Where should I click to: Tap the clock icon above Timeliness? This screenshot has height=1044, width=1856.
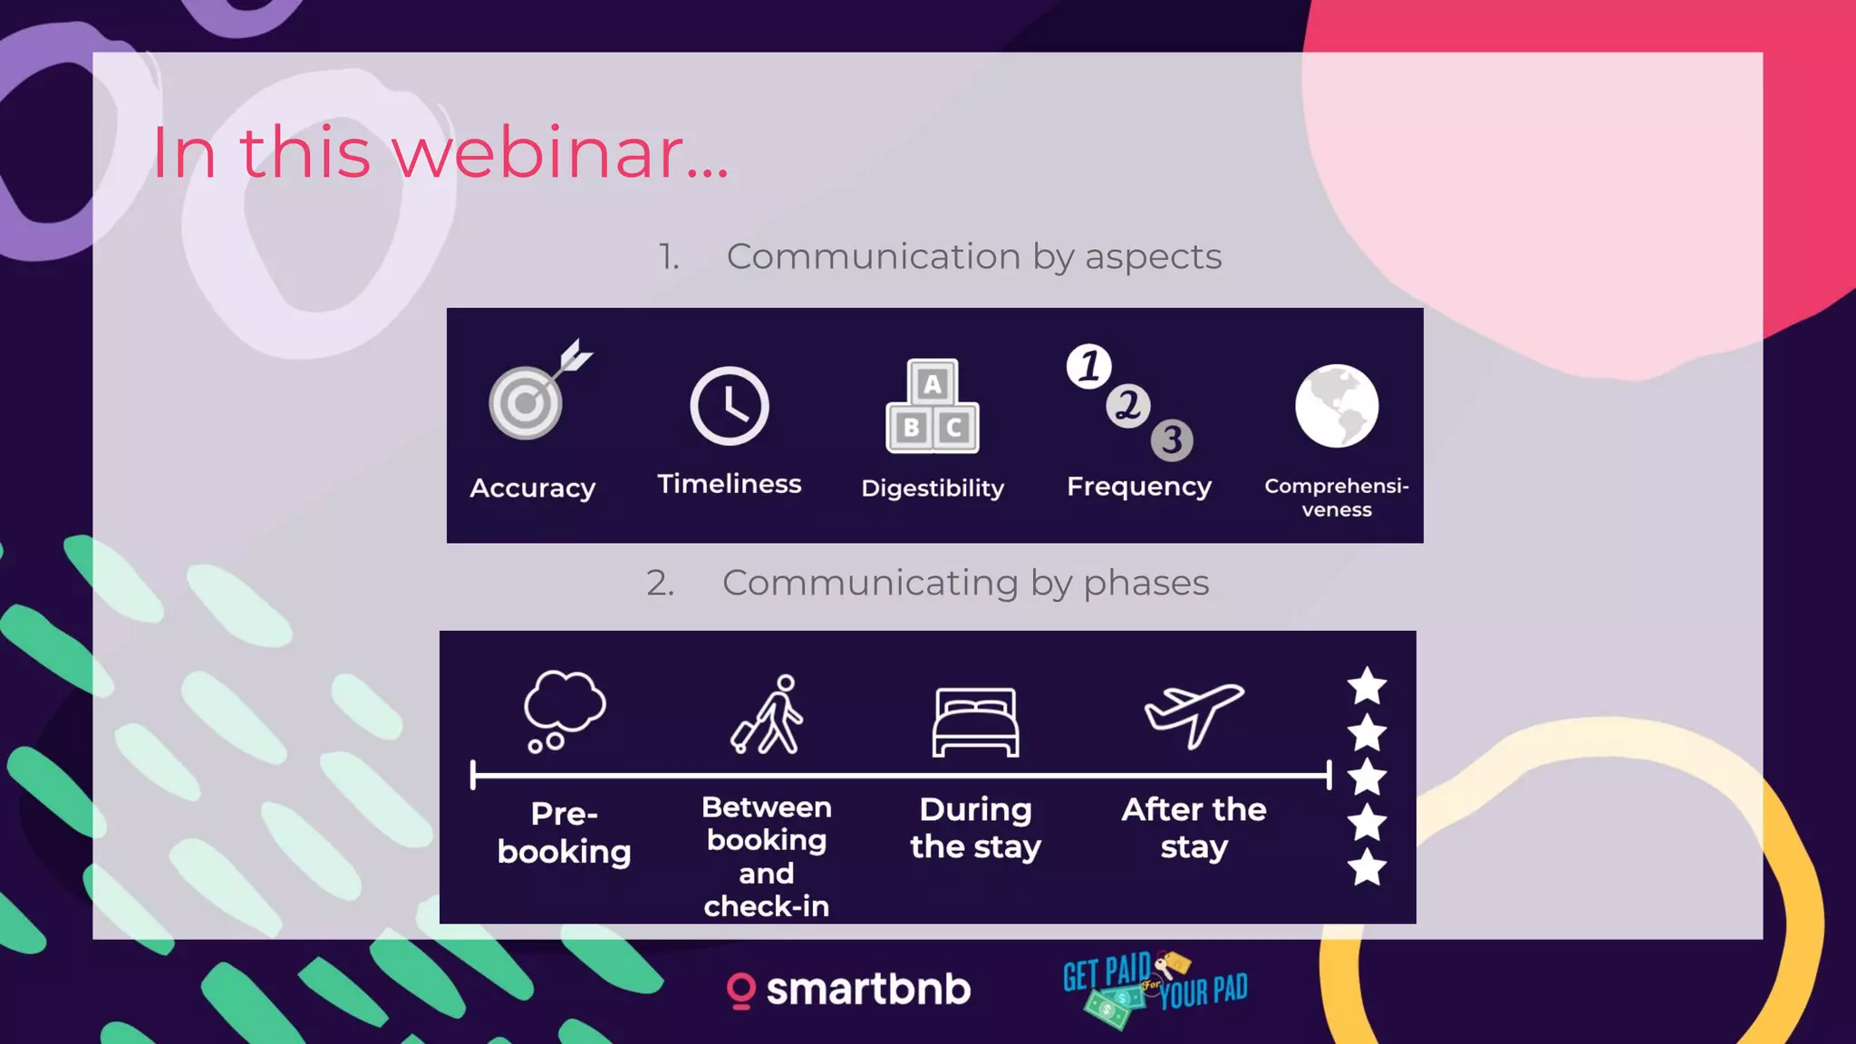pyautogui.click(x=730, y=406)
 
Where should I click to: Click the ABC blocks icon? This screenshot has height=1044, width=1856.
pyautogui.click(x=933, y=407)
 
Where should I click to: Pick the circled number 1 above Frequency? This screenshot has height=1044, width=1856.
pyautogui.click(x=1089, y=366)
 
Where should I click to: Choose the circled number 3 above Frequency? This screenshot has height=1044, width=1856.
pyautogui.click(x=1172, y=440)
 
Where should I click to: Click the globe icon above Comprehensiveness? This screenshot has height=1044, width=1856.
pyautogui.click(x=1337, y=406)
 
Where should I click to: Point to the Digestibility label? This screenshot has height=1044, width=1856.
pyautogui.click(x=933, y=488)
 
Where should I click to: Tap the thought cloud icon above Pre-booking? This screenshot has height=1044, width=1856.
pyautogui.click(x=564, y=709)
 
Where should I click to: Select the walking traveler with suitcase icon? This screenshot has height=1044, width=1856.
pyautogui.click(x=768, y=715)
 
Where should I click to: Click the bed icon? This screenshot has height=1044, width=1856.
pyautogui.click(x=976, y=722)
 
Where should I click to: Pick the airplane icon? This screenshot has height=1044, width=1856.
pyautogui.click(x=1194, y=714)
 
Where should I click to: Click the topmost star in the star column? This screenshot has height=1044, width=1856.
pyautogui.click(x=1367, y=686)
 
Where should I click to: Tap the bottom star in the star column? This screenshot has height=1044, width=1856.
pyautogui.click(x=1367, y=867)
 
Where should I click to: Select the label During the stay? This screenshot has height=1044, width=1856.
pyautogui.click(x=976, y=828)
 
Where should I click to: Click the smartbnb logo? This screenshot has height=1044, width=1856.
pyautogui.click(x=849, y=990)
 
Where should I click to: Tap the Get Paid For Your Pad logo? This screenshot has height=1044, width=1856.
pyautogui.click(x=1155, y=989)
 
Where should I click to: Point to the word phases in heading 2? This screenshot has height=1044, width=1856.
pyautogui.click(x=1145, y=584)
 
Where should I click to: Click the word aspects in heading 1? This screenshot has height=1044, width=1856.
pyautogui.click(x=1153, y=257)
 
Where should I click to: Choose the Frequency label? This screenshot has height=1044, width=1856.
pyautogui.click(x=1139, y=488)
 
